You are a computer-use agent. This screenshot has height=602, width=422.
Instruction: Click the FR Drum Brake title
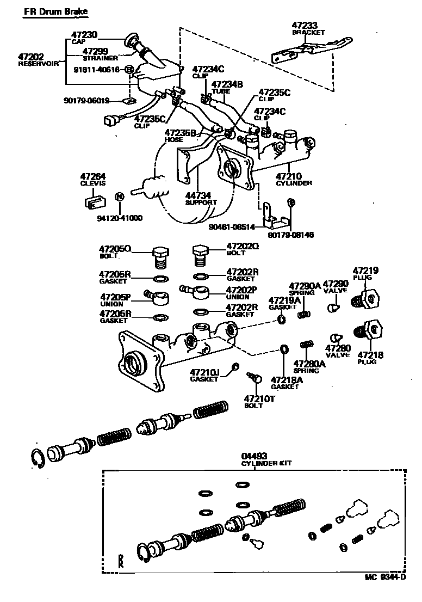point(55,11)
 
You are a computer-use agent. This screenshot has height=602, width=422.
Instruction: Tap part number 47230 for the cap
point(84,34)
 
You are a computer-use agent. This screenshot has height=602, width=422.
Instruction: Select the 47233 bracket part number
point(305,25)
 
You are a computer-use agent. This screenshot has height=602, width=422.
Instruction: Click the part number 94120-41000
point(120,218)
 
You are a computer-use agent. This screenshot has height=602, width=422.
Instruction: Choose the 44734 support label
point(200,194)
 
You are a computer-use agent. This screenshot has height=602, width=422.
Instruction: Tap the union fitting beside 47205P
point(158,298)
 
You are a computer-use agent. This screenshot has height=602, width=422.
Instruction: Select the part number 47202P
point(242,290)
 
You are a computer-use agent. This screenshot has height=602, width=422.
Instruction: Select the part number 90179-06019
point(86,101)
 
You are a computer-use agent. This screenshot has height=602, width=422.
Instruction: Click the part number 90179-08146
point(291,235)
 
